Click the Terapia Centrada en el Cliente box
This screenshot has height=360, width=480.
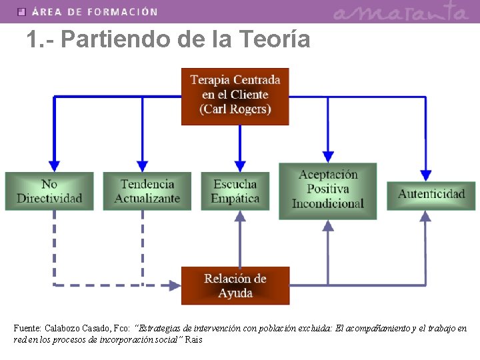tap(235, 96)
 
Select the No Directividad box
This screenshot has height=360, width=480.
tap(49, 191)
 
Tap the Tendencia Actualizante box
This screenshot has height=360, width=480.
tap(147, 191)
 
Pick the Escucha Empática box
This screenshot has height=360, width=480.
tap(235, 191)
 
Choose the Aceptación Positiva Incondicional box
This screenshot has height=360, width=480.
tap(327, 191)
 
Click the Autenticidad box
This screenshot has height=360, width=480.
tap(431, 194)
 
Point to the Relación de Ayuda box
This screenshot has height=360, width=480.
tap(235, 285)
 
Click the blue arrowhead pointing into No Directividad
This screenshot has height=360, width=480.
tap(55, 165)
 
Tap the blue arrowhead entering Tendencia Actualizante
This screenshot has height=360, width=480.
tap(142, 165)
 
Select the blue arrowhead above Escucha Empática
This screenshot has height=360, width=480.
tap(241, 165)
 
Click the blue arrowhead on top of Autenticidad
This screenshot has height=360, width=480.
tap(425, 175)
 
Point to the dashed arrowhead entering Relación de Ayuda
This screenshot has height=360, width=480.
tap(175, 285)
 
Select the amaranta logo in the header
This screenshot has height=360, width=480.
tap(400, 11)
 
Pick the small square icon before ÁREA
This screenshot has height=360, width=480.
tap(21, 12)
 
